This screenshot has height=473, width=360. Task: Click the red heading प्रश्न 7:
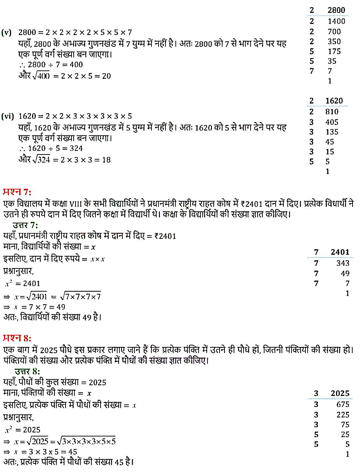tap(17, 192)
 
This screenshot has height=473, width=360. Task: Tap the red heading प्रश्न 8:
tap(17, 338)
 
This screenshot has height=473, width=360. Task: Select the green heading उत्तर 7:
tap(25, 225)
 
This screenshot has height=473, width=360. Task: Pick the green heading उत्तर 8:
tap(27, 371)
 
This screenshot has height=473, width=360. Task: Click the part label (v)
tap(7, 32)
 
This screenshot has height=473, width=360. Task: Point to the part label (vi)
tap(7, 116)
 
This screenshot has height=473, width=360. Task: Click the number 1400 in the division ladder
tap(336, 21)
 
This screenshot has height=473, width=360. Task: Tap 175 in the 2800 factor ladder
tap(334, 51)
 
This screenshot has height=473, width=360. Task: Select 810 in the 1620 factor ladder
tap(332, 112)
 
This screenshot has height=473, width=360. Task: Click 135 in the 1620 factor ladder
tap(332, 132)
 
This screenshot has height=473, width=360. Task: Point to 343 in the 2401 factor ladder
tap(342, 263)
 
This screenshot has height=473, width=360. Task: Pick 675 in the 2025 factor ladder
tap(343, 404)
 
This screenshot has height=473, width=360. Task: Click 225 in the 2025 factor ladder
tap(343, 415)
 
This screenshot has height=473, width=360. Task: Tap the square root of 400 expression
tap(41, 76)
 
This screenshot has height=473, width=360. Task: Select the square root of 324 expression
tap(41, 160)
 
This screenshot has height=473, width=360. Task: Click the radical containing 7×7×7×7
tap(81, 296)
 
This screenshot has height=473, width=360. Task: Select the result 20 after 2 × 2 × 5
tap(106, 76)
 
